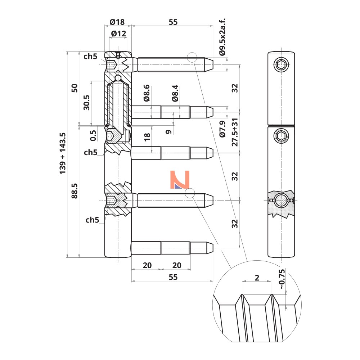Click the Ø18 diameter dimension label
tap(117, 22)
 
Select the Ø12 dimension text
tap(118, 34)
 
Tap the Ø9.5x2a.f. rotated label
tap(222, 37)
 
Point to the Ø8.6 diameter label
tap(147, 93)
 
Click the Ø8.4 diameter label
tap(175, 93)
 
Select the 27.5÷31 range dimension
tap(235, 132)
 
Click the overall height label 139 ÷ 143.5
tap(62, 153)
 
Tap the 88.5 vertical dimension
tap(75, 191)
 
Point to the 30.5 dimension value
tap(86, 103)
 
